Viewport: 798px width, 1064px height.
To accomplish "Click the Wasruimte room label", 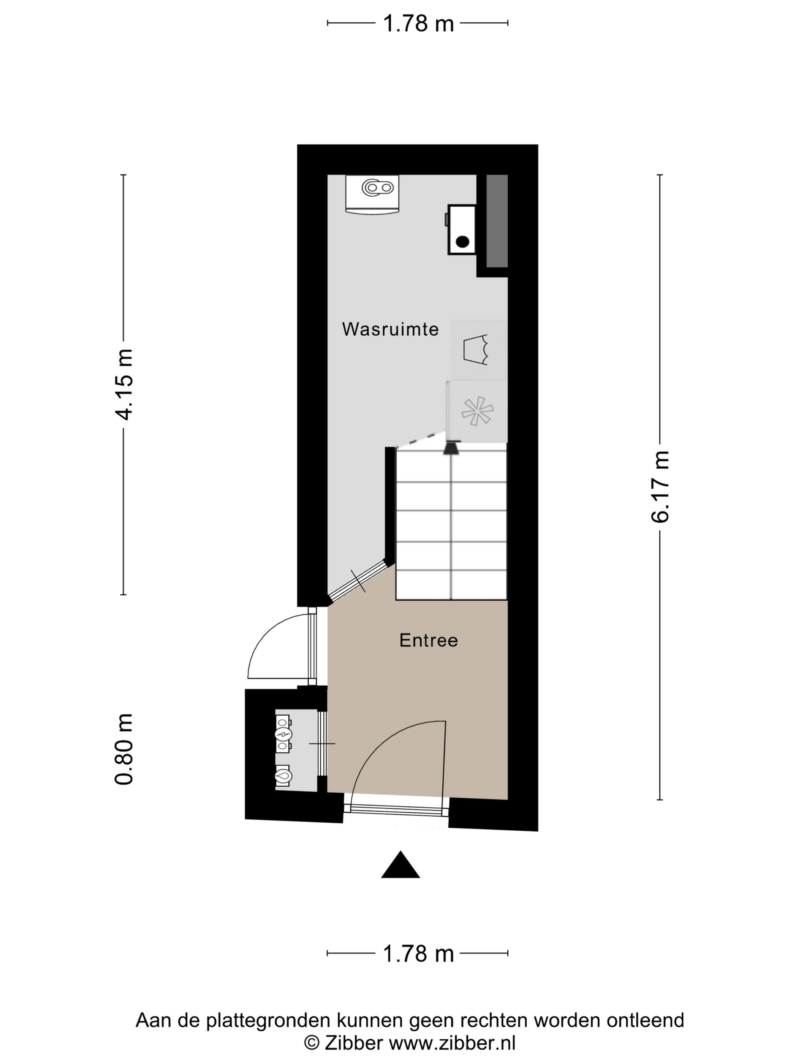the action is click(390, 329).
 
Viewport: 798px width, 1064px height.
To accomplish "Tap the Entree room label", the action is click(429, 640).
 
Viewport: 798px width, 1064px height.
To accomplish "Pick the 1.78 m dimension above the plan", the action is click(418, 23).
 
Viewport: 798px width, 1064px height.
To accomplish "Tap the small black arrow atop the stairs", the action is click(451, 448).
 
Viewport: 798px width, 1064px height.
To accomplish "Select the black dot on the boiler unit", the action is click(462, 242).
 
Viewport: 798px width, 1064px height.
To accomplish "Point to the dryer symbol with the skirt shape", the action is click(475, 350).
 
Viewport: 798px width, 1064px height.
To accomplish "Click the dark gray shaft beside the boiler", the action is click(497, 221).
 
